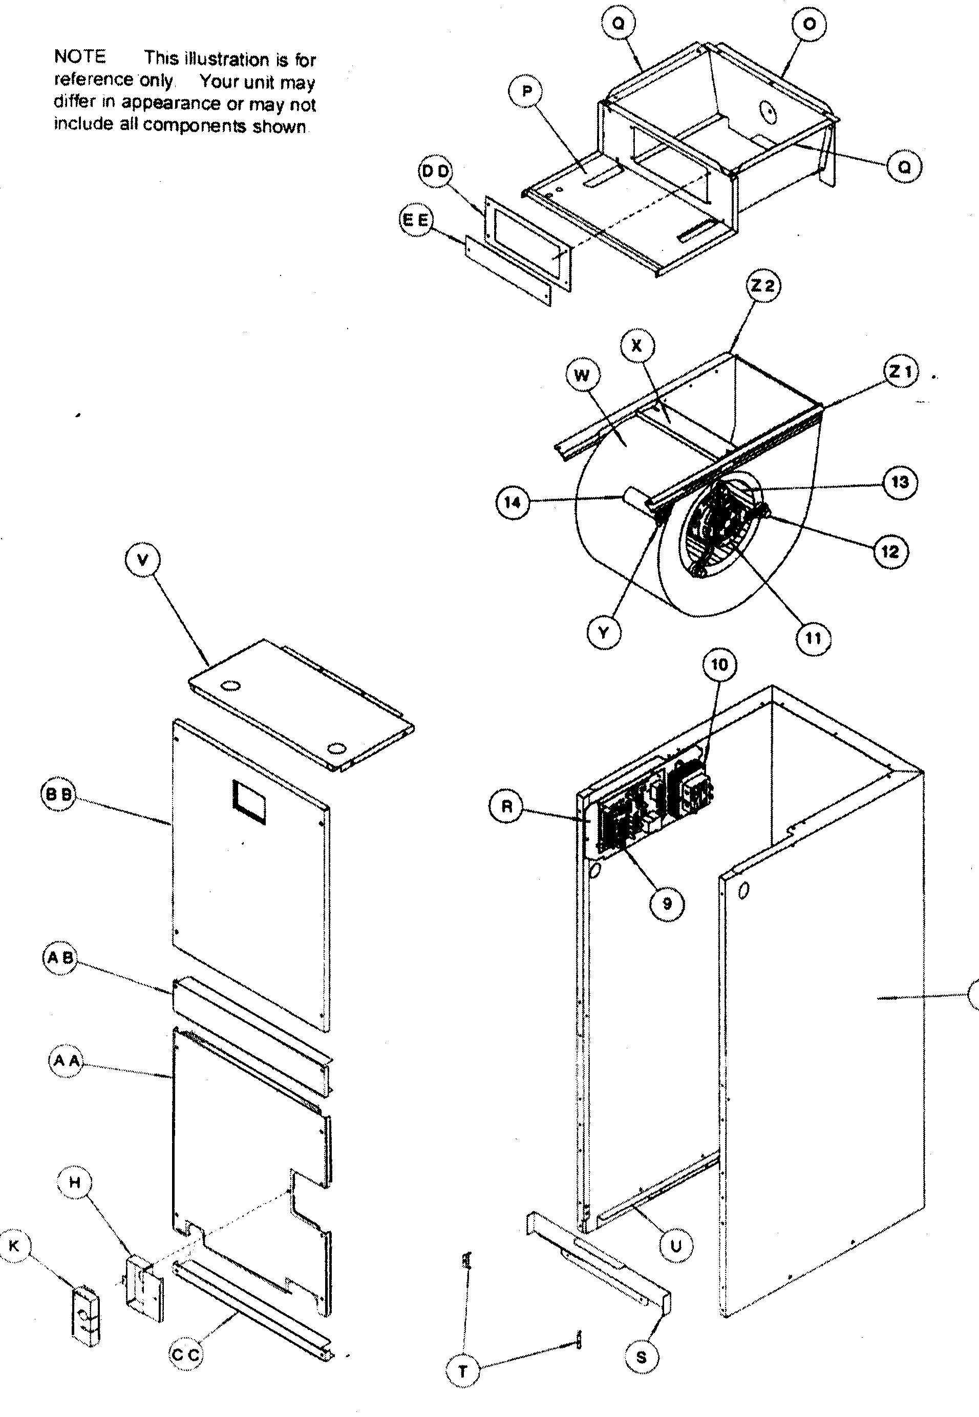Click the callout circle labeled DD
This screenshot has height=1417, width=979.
[435, 171]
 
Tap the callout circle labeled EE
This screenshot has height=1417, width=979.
[416, 220]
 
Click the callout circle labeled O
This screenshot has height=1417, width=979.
[809, 25]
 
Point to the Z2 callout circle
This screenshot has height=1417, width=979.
[763, 286]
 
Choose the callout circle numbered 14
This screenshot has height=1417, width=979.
[512, 503]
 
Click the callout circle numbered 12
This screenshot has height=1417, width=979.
[890, 551]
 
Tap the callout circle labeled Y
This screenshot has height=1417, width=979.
[604, 632]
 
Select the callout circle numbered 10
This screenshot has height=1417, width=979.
[719, 664]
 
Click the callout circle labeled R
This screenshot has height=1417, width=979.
[507, 806]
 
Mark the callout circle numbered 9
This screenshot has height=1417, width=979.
[667, 903]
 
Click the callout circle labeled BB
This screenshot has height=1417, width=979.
[59, 795]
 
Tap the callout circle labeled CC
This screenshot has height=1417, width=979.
[185, 1355]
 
